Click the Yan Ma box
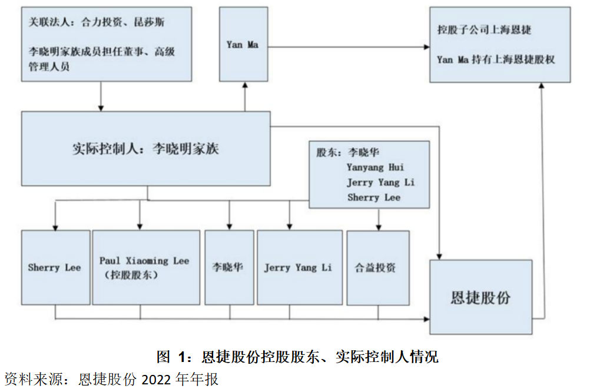pyautogui.click(x=243, y=44)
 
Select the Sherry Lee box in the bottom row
pyautogui.click(x=55, y=267)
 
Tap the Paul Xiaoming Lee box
pyautogui.click(x=145, y=267)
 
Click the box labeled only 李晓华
pyautogui.click(x=228, y=267)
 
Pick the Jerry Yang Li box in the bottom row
pyautogui.click(x=299, y=267)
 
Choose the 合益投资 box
pyautogui.click(x=377, y=267)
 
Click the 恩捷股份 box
pyautogui.click(x=480, y=297)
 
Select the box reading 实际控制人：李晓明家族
pyautogui.click(x=145, y=148)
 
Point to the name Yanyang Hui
pyautogui.click(x=376, y=168)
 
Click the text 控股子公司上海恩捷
pyautogui.click(x=485, y=29)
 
